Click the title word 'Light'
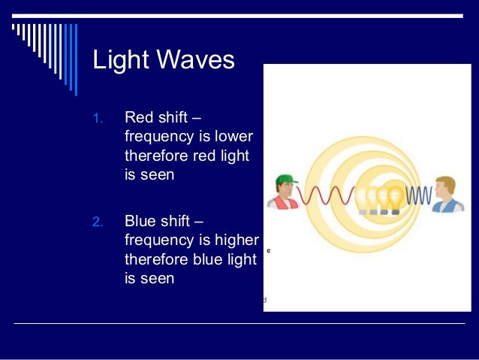(116, 60)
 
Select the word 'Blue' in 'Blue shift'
(140, 221)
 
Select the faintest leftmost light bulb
(364, 198)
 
